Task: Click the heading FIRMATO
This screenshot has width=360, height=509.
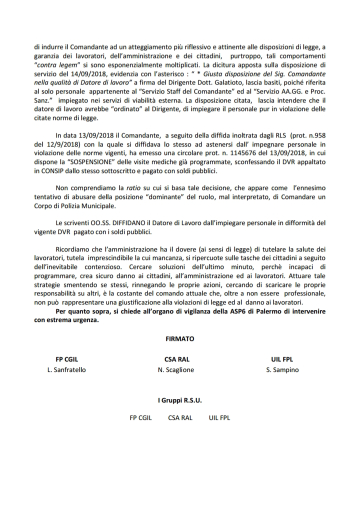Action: pos(180,338)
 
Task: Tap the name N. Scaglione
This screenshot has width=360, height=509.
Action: pos(176,370)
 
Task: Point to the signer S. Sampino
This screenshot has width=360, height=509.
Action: pos(282,370)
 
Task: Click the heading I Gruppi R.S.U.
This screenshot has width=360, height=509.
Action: pos(180,400)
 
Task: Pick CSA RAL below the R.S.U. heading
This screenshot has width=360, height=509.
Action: pos(180,417)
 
